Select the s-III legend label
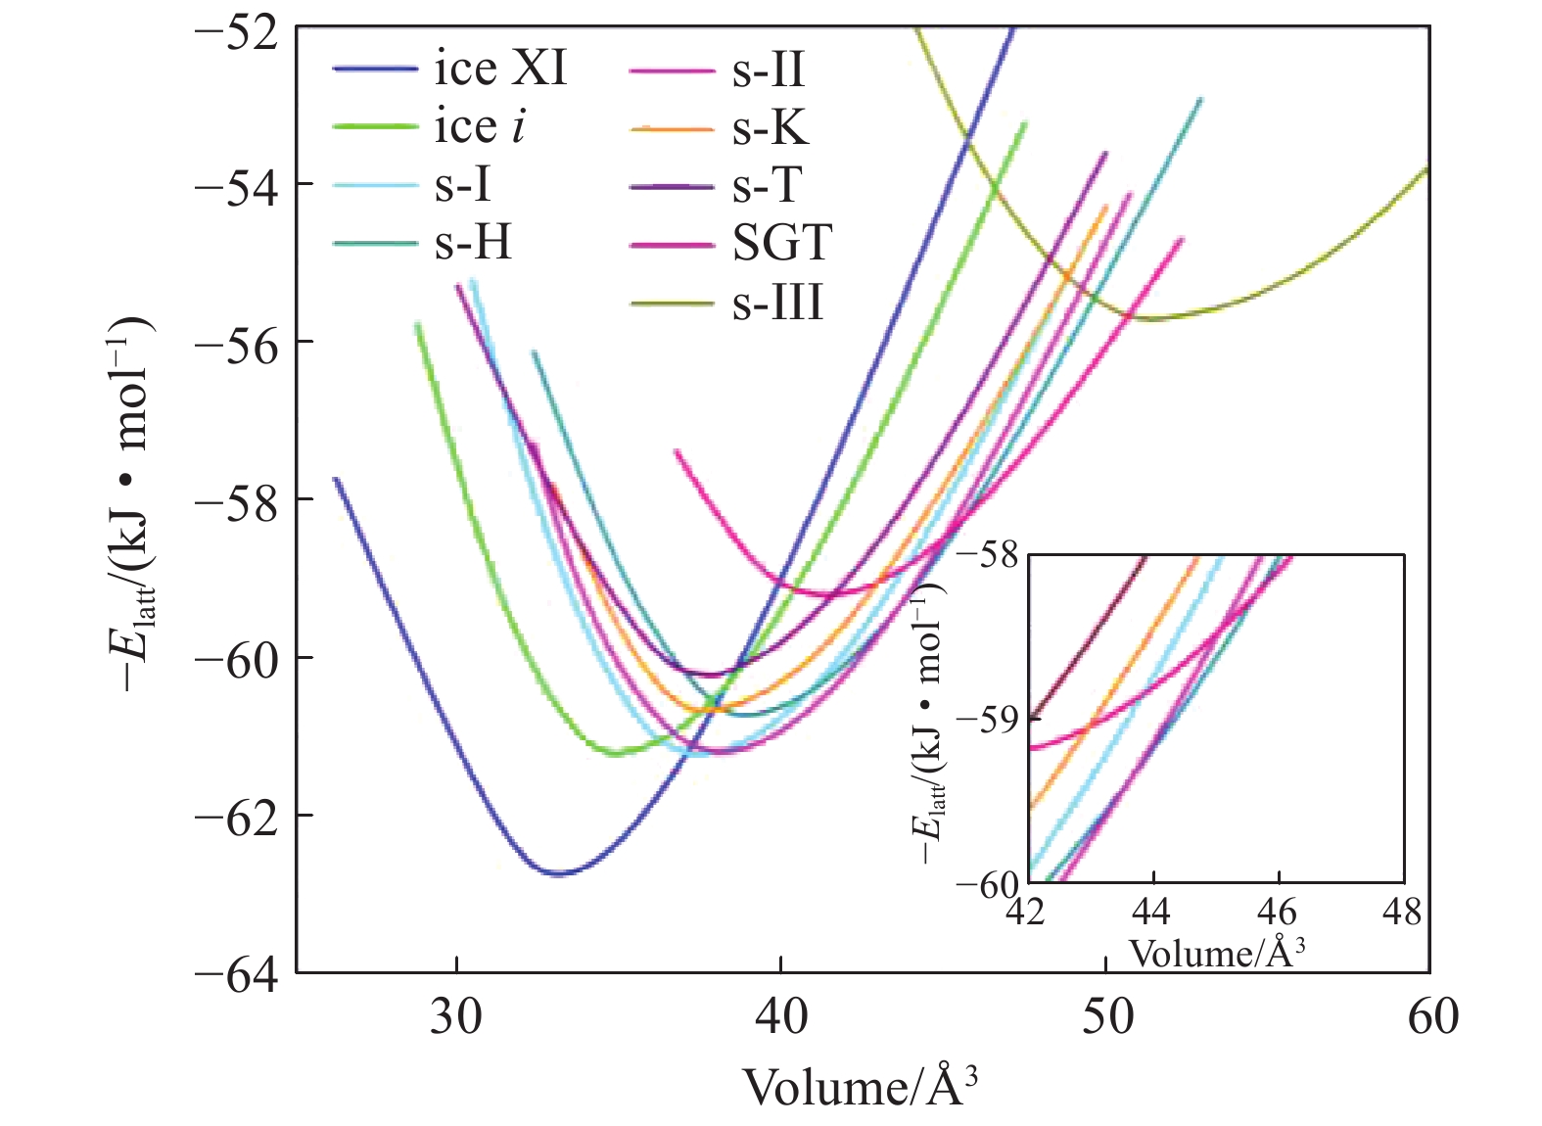[x=778, y=303]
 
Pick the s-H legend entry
[x=473, y=243]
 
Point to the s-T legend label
[x=768, y=185]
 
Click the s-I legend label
[x=462, y=185]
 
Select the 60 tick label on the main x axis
[x=1432, y=1017]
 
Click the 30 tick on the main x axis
[x=456, y=1017]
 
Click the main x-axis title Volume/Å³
[x=861, y=1085]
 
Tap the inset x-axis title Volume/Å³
[x=1217, y=952]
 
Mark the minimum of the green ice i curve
[x=615, y=753]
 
